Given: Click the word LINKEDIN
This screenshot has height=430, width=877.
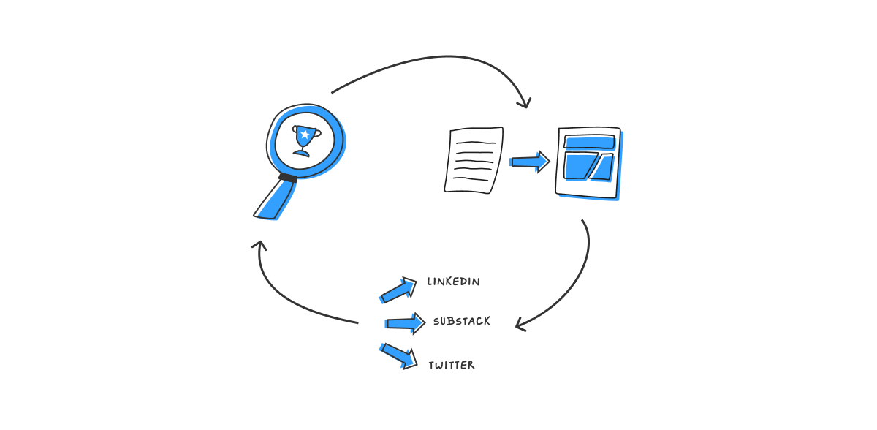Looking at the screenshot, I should coord(453,282).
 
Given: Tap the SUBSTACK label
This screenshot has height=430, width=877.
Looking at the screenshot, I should coord(461,321).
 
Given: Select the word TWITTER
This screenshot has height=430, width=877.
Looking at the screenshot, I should coord(451,365).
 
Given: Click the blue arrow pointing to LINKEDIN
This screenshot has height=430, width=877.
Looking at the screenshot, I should coord(398,290).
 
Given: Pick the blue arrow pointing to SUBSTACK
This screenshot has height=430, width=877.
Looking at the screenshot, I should coord(405,322).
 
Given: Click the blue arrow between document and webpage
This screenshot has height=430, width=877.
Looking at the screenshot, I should coord(530,162).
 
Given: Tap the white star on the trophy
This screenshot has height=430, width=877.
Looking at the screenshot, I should coord(305,134).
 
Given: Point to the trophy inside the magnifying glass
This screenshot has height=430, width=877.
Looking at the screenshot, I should coord(305,140).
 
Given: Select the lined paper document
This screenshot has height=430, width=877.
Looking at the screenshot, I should coord(474,160).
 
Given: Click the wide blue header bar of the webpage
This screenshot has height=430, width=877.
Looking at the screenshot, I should coord(589,143).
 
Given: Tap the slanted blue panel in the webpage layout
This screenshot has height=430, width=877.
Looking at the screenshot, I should coord(601,167).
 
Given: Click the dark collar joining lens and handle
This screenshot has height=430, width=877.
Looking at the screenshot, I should coord(288,177).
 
